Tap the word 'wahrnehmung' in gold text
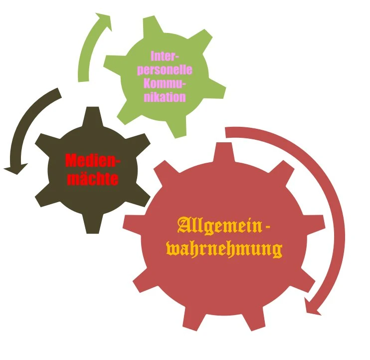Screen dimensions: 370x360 [x=224, y=249]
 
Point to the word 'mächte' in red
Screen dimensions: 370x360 [x=92, y=178]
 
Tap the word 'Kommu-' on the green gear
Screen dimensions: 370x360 [x=164, y=83]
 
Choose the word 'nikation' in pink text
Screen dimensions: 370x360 [x=164, y=96]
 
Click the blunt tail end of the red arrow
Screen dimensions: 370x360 [x=227, y=132]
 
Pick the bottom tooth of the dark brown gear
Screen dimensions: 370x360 [x=93, y=227]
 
